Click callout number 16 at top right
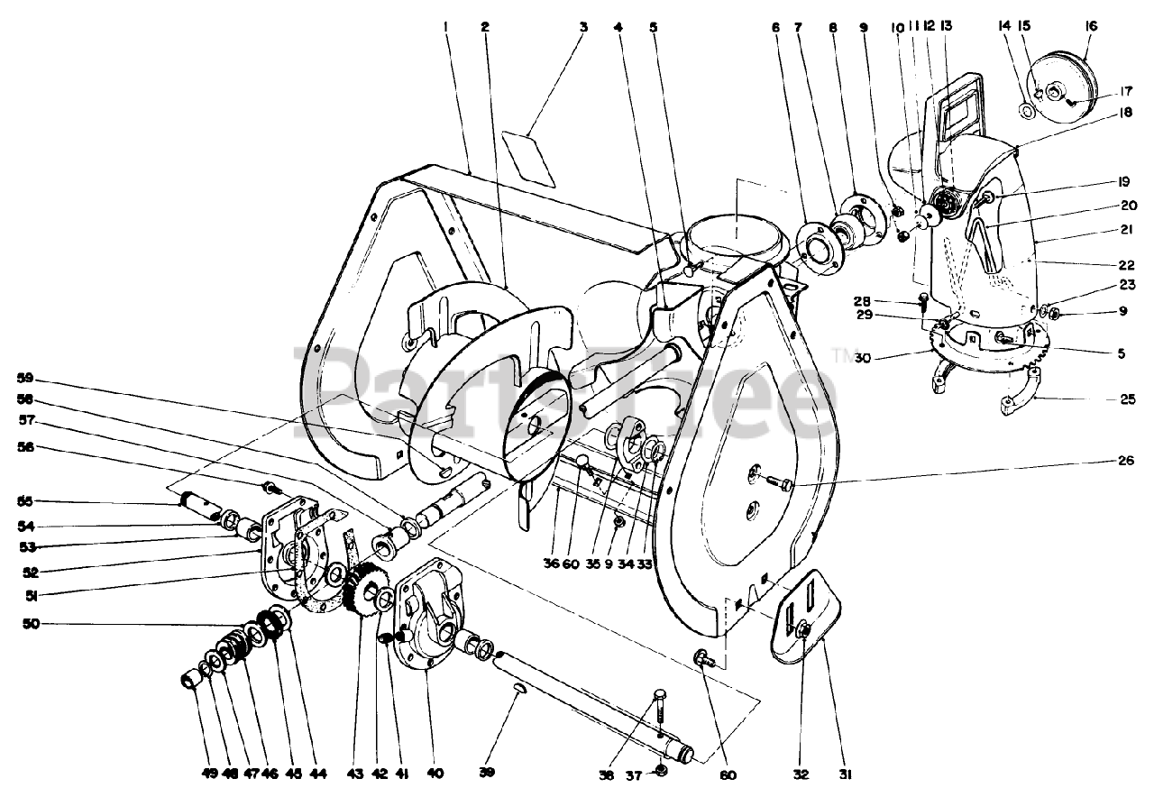1091,26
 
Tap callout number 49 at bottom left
186,774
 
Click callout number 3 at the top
583,26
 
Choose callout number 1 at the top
445,26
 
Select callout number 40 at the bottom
435,774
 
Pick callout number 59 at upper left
26,378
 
